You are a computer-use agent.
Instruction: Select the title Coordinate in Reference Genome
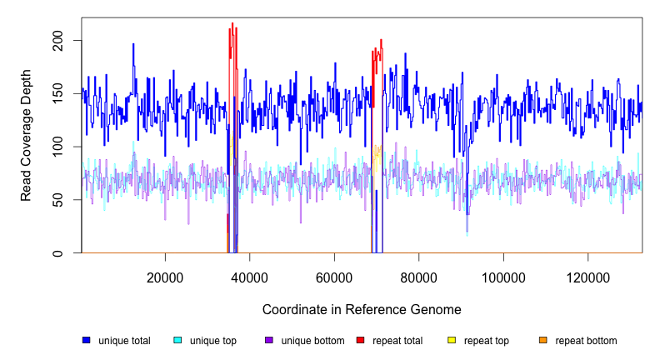pos(362,309)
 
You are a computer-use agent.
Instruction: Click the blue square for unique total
pos(86,341)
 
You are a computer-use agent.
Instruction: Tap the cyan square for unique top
pos(177,341)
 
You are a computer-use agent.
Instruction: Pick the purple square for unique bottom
pos(269,341)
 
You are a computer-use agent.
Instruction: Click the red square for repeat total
pos(360,341)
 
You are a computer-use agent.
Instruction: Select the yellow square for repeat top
pos(452,341)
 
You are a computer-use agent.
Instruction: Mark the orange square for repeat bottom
pos(543,341)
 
